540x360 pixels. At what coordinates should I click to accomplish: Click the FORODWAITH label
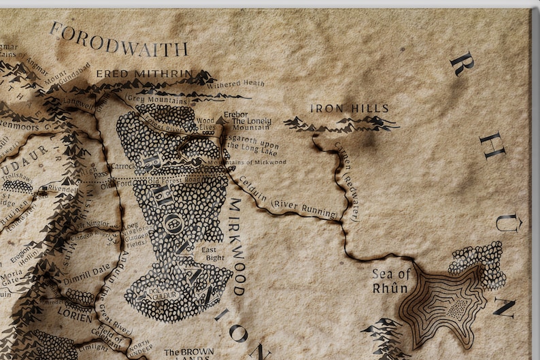118,40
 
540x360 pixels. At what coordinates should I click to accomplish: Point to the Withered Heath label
235,84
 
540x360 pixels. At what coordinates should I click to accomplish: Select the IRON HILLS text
349,108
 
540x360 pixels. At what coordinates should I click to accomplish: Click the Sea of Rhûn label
390,280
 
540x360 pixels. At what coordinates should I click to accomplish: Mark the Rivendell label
62,189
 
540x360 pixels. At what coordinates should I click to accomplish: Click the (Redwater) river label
354,197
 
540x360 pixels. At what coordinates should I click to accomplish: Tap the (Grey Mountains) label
158,100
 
